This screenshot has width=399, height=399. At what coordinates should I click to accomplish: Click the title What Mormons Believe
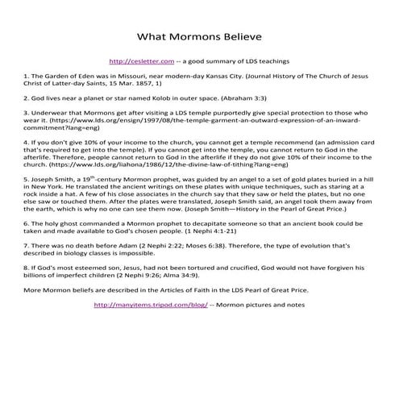[199, 36]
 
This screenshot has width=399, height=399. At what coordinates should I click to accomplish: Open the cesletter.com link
[140, 60]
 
